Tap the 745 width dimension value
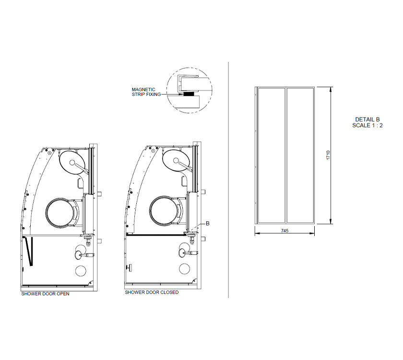284,231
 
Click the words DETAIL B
367,120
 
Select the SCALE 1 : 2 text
367,125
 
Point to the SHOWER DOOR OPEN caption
45,294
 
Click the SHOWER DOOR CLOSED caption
152,292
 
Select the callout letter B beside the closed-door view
208,223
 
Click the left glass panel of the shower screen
271,155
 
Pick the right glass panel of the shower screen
300,155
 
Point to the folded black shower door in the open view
30,251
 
